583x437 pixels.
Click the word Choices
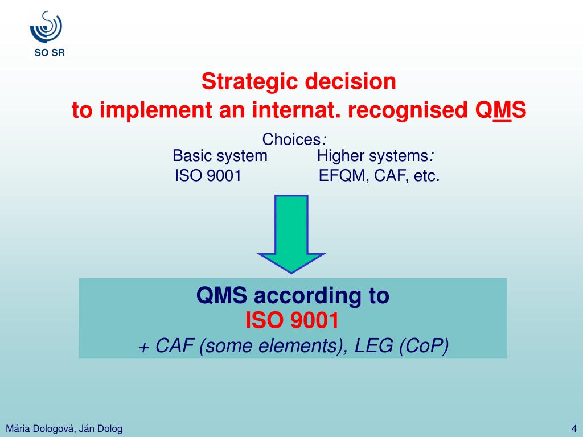pyautogui.click(x=291, y=139)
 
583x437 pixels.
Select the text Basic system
pyautogui.click(x=220, y=156)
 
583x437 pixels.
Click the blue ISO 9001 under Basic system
pyautogui.click(x=208, y=176)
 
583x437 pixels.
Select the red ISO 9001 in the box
pyautogui.click(x=292, y=321)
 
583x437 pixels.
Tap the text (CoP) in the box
pyautogui.click(x=424, y=346)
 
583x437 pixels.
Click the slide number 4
pyautogui.click(x=574, y=428)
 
